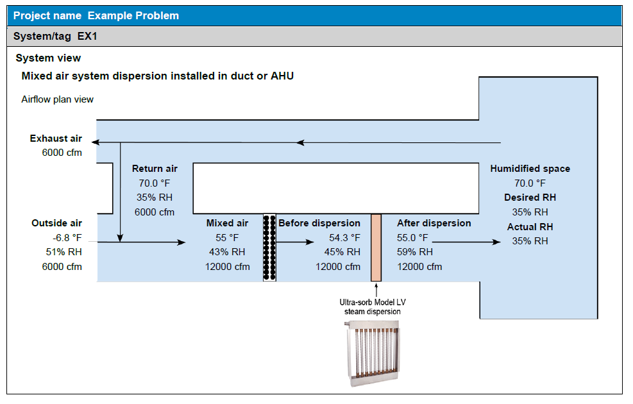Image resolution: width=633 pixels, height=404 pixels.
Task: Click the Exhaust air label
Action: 56,139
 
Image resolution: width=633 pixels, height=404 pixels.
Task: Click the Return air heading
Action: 155,169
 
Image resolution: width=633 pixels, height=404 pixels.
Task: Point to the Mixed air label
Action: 227,223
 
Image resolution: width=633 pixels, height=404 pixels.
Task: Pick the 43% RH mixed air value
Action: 227,252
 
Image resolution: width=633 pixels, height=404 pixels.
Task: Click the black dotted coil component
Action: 269,248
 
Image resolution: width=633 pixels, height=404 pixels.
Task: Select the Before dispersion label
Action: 319,223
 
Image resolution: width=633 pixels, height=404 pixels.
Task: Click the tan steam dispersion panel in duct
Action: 376,248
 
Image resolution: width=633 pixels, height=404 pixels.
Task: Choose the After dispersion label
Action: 434,223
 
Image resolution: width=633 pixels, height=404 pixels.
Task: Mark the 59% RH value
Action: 415,252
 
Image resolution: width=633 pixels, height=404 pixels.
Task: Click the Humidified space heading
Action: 530,169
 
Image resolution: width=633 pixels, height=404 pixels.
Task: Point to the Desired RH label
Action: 530,198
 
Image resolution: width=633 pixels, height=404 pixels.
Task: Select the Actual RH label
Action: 530,226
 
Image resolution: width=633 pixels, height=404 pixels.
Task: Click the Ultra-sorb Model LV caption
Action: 370,301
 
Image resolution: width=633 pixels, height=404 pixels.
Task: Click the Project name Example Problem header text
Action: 96,15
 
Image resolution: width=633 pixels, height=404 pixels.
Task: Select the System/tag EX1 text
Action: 55,36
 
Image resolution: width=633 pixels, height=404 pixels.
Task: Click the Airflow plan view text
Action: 57,99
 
